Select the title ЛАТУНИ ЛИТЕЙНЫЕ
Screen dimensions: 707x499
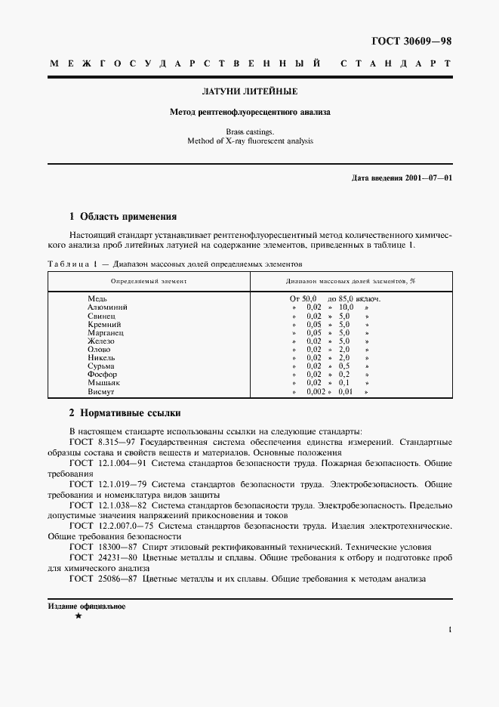coord(249,91)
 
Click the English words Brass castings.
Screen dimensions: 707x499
coord(249,131)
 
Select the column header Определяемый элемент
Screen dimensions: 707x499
coord(149,280)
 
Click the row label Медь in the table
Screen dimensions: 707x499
coord(98,299)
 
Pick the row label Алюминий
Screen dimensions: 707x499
coord(107,307)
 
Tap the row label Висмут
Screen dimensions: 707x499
coord(102,391)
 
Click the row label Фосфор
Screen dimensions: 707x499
coord(103,375)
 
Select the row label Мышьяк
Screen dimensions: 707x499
coord(103,383)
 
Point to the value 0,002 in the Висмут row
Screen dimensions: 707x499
coord(316,391)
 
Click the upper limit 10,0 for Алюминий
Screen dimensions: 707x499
coord(346,307)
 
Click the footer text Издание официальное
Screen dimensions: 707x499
coord(86,607)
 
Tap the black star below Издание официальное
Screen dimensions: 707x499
coord(78,617)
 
